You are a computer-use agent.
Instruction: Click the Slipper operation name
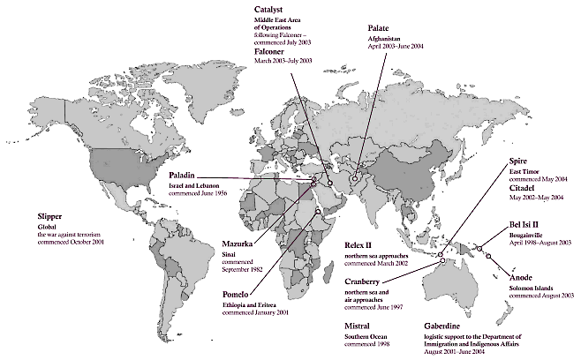click(x=53, y=214)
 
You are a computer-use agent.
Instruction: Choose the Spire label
click(x=520, y=161)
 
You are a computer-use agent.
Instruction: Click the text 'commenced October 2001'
click(x=79, y=241)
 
